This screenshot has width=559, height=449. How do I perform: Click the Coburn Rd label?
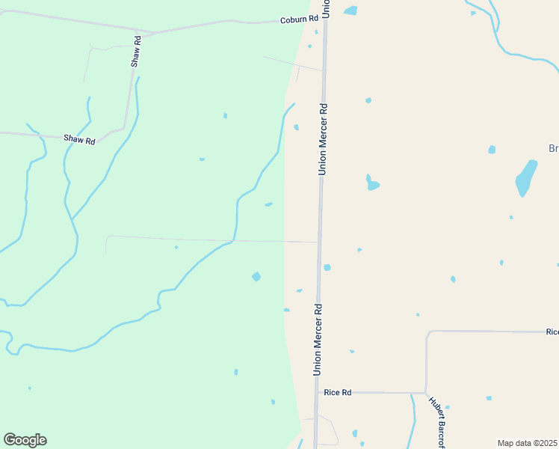click(299, 19)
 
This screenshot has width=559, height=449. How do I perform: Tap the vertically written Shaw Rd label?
click(136, 50)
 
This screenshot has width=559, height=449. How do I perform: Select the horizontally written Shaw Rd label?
click(79, 140)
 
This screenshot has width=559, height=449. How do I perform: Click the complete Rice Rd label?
click(337, 392)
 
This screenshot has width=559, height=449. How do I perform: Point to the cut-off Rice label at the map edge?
click(552, 332)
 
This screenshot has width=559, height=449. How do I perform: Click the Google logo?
click(25, 440)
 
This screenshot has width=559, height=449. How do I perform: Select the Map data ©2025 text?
click(528, 443)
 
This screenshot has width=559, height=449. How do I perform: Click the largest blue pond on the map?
click(526, 178)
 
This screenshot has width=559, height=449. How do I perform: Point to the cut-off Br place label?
click(553, 149)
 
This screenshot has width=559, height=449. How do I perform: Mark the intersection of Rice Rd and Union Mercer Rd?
click(317, 392)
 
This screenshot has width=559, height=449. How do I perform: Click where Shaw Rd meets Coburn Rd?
click(153, 34)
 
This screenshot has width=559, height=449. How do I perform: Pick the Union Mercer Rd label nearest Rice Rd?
click(318, 339)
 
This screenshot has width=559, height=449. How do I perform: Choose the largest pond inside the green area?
click(256, 277)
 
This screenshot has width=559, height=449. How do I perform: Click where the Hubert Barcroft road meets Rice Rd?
click(425, 393)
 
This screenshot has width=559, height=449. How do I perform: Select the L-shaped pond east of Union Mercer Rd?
click(371, 183)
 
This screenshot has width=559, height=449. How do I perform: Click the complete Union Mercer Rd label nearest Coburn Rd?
click(323, 139)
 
